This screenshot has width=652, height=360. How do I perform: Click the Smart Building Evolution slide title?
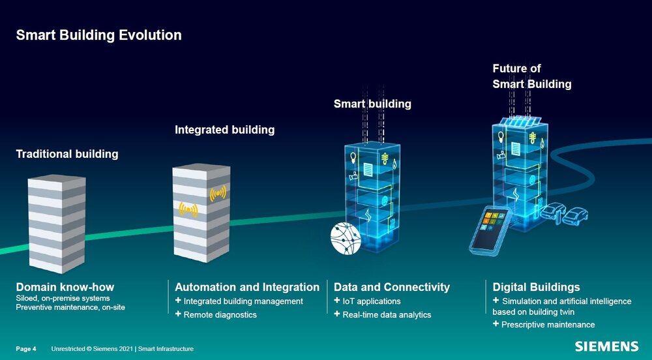[98, 35]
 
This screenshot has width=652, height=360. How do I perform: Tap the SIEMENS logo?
[606, 346]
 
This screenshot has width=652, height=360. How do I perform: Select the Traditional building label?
[67, 155]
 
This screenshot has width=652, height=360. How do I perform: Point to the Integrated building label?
[224, 130]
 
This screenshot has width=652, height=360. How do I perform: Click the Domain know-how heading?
[65, 287]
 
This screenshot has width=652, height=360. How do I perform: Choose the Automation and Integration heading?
[247, 287]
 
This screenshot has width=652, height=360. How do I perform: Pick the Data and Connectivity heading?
[392, 287]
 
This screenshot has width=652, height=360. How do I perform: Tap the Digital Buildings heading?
[536, 287]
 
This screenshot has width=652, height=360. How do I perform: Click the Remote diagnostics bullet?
[220, 315]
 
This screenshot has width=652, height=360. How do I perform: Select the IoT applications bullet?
[371, 301]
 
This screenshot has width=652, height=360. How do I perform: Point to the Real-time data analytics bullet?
[387, 315]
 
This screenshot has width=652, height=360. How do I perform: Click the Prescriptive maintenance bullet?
[548, 325]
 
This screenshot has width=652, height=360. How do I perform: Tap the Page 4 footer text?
[26, 349]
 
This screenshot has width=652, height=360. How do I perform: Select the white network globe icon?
[346, 238]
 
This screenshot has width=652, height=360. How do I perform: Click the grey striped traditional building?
[57, 222]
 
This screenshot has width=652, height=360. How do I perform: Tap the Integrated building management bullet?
[243, 301]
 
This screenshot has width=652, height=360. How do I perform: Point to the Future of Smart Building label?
[531, 76]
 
